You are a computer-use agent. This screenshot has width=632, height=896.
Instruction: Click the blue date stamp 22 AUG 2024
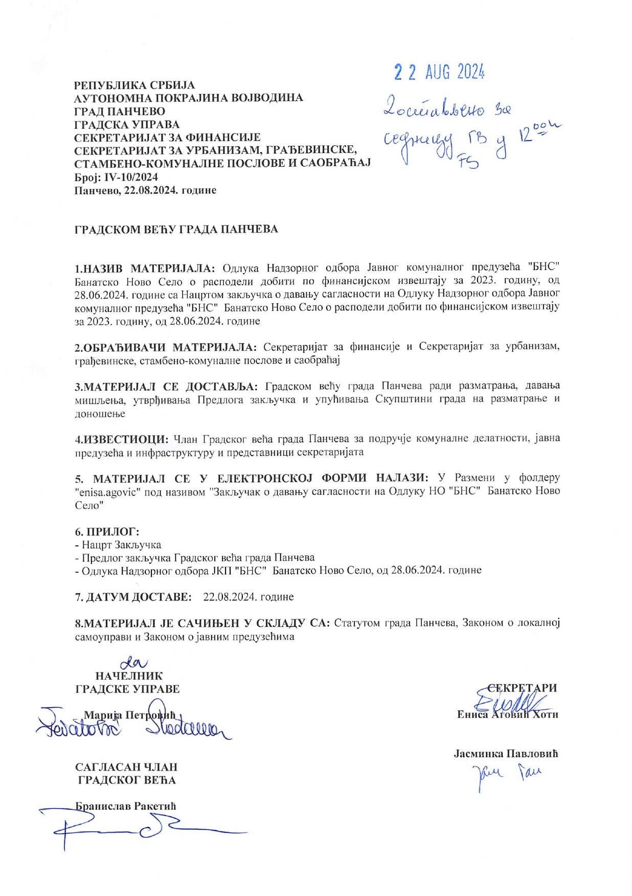coord(439,73)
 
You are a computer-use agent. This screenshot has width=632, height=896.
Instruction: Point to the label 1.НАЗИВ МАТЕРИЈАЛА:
coord(146,268)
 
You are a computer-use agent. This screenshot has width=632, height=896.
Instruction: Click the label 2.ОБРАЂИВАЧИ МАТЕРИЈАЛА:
coord(166,347)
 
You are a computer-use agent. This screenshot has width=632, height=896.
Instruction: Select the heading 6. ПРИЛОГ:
coord(107,531)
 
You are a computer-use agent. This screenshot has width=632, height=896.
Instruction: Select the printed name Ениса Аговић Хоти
coord(507,714)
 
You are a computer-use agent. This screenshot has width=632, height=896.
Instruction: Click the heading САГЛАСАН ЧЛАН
coord(126,767)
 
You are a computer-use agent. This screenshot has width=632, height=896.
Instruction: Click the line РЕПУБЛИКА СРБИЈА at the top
coord(134,85)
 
